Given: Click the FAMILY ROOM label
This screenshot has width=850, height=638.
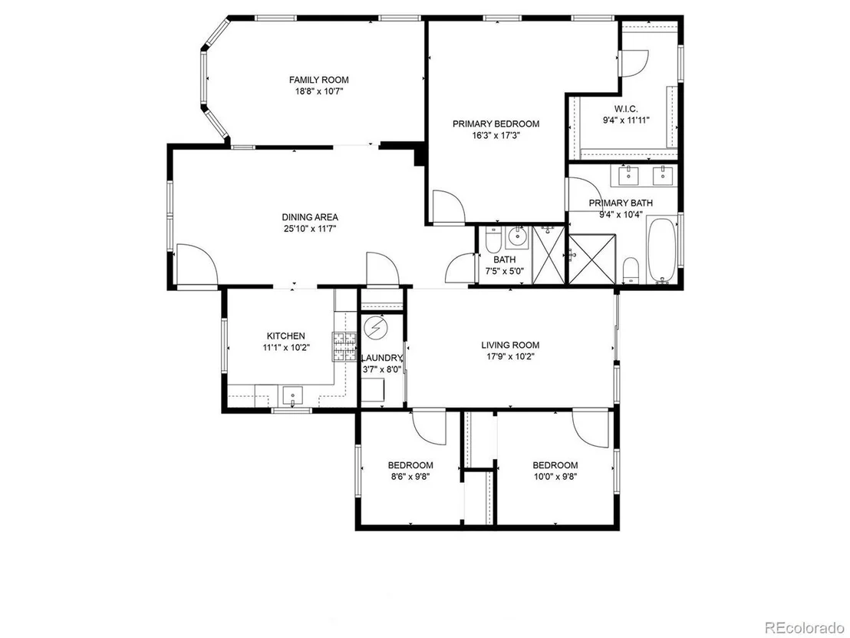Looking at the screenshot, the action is (319, 80).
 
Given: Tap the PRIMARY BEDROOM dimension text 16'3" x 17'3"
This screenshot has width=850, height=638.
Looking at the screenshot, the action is (496, 136).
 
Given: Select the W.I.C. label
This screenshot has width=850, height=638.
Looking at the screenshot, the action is (626, 109).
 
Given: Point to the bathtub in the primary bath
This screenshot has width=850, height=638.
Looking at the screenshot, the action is (661, 250).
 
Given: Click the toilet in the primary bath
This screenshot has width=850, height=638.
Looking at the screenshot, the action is (631, 270).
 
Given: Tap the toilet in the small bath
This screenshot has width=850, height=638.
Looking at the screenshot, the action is (493, 237).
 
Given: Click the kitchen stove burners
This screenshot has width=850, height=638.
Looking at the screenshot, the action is (344, 347).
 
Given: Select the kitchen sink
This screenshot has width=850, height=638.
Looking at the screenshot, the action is (293, 395).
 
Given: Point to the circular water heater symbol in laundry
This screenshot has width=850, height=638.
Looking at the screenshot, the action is (374, 328).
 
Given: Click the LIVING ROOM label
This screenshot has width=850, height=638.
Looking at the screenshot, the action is (510, 345).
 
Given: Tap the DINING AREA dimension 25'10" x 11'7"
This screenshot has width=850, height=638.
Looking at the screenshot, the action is (310, 229).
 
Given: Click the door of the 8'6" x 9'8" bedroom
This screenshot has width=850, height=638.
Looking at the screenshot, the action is (430, 426).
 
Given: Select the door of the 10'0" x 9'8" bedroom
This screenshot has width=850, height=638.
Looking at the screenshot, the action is (591, 426).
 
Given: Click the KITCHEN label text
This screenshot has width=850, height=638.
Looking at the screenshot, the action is (285, 336).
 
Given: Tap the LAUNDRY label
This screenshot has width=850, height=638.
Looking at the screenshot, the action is (382, 358).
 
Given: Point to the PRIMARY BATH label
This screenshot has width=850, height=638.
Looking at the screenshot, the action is (621, 203).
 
